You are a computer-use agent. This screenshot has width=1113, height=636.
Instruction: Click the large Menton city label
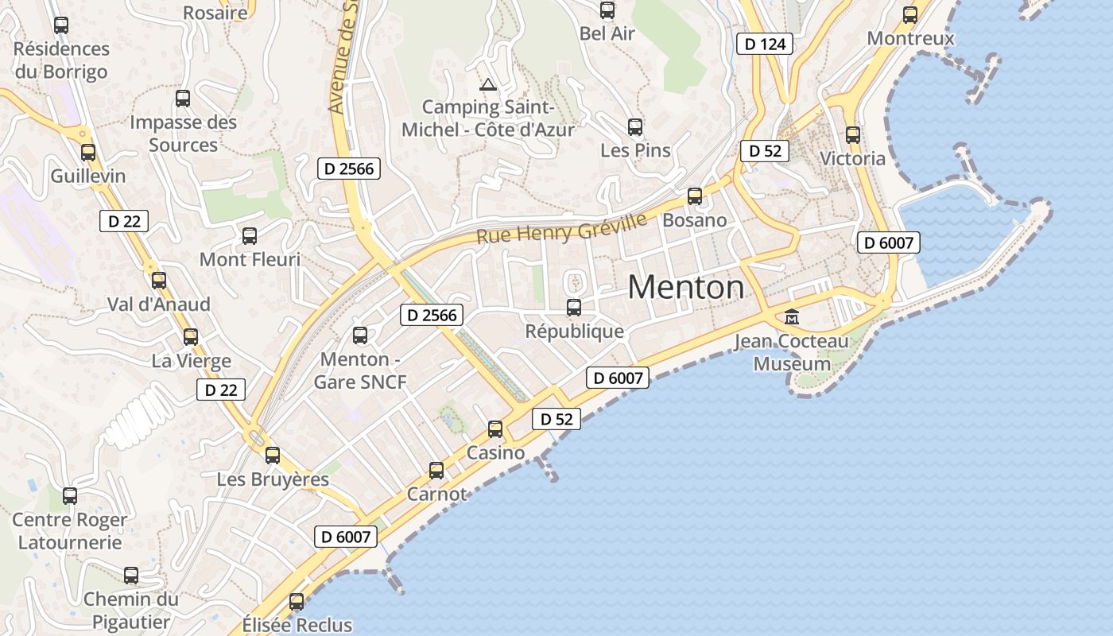click(x=686, y=287)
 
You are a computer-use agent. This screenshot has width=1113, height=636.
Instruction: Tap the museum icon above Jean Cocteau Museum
click(x=792, y=317)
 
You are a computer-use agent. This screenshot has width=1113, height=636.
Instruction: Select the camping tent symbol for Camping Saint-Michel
click(x=487, y=84)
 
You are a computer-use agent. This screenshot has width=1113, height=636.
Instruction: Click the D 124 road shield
click(x=766, y=44)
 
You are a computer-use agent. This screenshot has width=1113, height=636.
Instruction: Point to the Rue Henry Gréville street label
click(x=561, y=226)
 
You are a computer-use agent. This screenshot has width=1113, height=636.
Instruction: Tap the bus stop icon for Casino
click(x=495, y=429)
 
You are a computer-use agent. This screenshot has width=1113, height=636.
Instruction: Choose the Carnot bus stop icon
click(x=436, y=470)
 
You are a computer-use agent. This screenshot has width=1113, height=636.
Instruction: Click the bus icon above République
click(x=574, y=307)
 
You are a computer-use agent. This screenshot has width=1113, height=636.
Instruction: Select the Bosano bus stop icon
click(x=695, y=196)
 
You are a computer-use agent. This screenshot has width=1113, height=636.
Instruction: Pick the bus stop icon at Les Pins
click(x=635, y=126)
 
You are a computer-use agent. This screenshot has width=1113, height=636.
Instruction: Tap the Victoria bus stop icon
click(x=853, y=134)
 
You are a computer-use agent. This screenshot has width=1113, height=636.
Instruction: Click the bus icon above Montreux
click(x=910, y=14)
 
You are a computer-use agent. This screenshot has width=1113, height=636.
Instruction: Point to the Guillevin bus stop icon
click(x=88, y=152)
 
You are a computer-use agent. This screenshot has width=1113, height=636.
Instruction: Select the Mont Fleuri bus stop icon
click(x=250, y=235)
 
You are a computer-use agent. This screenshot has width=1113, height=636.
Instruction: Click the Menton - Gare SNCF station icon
click(x=360, y=335)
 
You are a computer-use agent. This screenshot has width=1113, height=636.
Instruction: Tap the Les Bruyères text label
click(x=273, y=479)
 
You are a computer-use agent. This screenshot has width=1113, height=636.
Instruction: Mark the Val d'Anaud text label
click(x=159, y=304)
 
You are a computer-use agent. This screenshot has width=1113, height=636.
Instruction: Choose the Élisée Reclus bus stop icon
click(x=297, y=601)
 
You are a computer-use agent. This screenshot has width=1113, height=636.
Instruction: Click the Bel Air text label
click(x=607, y=33)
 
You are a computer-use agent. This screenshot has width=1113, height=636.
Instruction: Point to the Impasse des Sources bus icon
click(x=183, y=98)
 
